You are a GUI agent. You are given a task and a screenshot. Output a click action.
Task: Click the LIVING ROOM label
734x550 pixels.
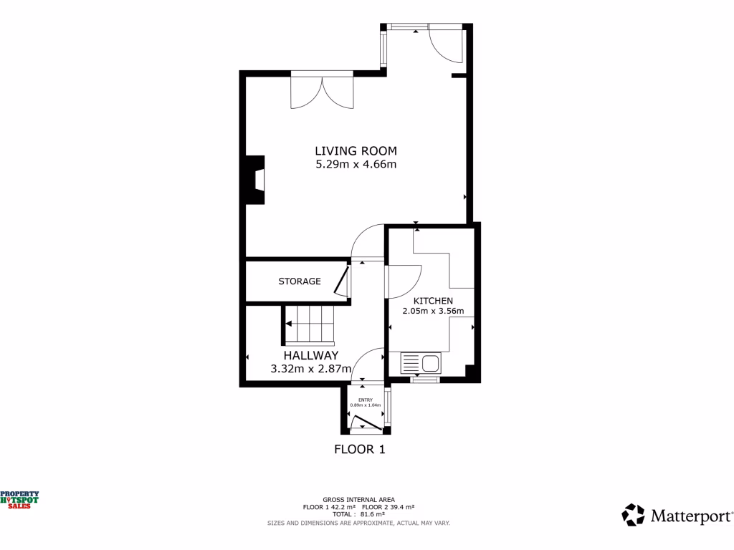click(356, 150)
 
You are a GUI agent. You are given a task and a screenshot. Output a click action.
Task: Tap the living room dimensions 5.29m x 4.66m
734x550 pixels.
click(356, 164)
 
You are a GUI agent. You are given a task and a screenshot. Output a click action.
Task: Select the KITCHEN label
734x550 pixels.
click(432, 301)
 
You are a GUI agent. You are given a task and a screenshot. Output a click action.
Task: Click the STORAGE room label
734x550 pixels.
click(300, 281)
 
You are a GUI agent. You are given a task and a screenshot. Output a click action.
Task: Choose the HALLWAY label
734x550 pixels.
click(310, 356)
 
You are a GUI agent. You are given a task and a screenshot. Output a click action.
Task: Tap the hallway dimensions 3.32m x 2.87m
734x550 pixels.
click(310, 369)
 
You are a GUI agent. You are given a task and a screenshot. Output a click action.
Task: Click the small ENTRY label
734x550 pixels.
click(366, 400)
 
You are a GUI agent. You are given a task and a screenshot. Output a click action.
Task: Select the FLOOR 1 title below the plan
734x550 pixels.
click(360, 450)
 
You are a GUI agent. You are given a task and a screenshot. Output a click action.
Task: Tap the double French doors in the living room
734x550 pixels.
click(322, 92)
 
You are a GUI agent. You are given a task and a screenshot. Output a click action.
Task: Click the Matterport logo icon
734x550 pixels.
click(633, 515)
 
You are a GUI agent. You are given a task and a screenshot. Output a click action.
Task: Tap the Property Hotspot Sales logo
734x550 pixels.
click(19, 500)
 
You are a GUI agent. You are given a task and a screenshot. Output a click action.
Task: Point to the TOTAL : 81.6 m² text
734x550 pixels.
click(358, 514)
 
